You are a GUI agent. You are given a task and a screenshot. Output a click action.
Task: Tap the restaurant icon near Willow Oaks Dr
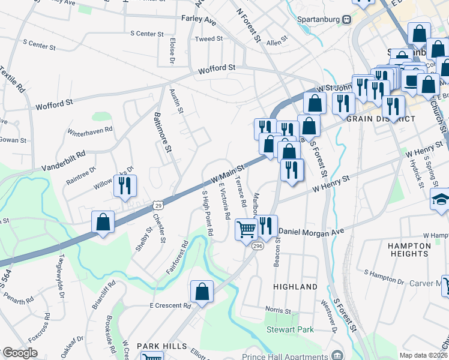(x=125, y=186)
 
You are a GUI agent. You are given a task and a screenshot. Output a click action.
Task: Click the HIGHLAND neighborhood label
(x=295, y=287)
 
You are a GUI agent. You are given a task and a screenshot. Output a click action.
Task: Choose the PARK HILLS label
(x=158, y=346)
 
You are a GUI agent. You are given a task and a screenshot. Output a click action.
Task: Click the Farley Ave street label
(x=198, y=20)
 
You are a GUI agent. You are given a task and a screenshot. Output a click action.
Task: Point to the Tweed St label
(x=209, y=39)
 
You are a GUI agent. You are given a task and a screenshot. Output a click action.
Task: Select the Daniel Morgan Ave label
(x=311, y=231)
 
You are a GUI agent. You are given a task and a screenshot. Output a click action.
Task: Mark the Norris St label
(x=279, y=311)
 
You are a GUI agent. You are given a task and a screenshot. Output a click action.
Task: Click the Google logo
(x=20, y=353)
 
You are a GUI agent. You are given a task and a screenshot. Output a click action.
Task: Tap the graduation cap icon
(x=441, y=200)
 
